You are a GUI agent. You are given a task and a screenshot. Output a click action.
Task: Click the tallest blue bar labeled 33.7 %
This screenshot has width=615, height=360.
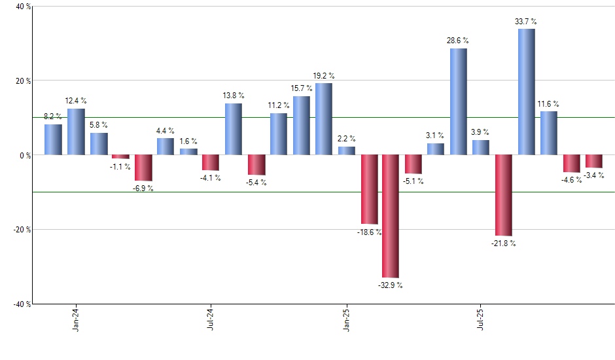pos(526,92)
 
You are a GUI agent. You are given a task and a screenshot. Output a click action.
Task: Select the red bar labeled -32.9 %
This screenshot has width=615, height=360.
pos(391,216)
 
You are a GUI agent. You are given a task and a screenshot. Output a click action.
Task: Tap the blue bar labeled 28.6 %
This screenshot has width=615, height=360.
pos(458,101)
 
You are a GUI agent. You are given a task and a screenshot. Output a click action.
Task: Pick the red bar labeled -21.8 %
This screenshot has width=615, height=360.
pos(504,195)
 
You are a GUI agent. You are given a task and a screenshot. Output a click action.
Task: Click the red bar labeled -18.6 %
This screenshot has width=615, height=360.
pos(368,189)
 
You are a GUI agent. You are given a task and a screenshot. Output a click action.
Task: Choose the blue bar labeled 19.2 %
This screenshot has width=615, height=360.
pos(323,119)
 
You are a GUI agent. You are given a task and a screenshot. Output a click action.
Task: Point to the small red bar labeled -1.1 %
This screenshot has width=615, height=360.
pos(120,157)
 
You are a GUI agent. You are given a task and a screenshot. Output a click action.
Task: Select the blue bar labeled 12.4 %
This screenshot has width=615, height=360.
pos(76,132)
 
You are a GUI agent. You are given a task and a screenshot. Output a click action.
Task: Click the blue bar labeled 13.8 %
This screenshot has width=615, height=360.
pos(233,129)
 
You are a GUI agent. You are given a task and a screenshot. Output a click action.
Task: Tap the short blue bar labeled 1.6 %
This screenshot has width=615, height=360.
pos(188,152)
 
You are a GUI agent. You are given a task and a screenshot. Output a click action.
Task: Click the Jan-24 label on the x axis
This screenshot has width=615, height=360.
pos(76,319)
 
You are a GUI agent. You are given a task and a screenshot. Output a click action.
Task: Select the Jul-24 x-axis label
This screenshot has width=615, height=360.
pos(211,319)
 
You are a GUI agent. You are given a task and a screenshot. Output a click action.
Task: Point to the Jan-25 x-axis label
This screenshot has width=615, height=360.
pos(346,319)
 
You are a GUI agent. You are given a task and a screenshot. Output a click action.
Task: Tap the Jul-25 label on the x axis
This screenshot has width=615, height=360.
pos(481,319)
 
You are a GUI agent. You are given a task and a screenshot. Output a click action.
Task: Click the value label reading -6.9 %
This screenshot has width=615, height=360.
pos(143,189)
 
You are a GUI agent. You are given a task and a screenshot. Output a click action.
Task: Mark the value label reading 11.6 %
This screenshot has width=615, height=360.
pos(549,104)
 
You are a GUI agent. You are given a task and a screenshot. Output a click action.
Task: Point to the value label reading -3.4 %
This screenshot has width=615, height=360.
pos(593,175)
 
